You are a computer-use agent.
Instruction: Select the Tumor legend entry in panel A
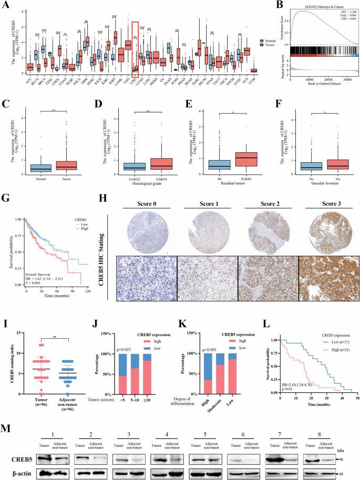coord(272,46)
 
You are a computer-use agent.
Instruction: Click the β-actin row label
coord(18,461)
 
